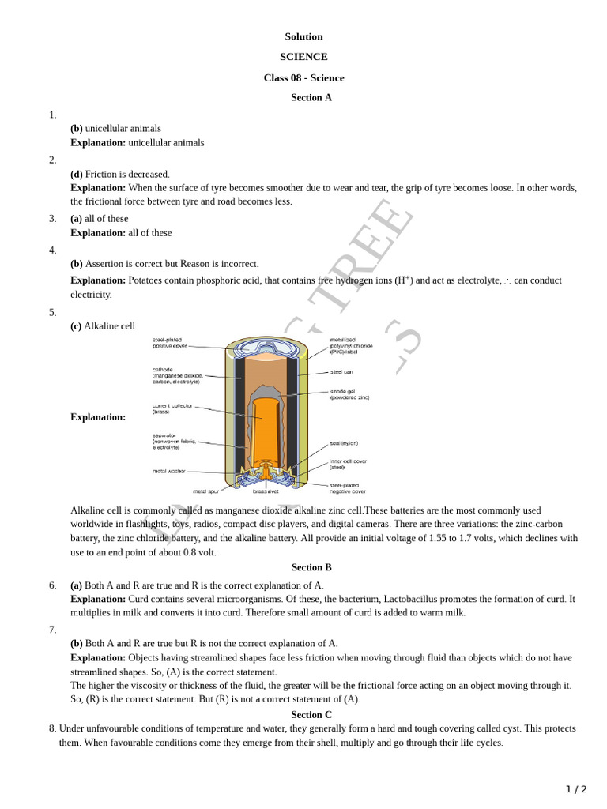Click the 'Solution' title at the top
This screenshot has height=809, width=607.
(303, 36)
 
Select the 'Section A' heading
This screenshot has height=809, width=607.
(311, 98)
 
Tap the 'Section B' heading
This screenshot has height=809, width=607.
(311, 567)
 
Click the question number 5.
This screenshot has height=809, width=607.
(53, 312)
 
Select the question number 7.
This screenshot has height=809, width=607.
(53, 630)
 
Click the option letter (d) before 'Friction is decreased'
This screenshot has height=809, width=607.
(77, 174)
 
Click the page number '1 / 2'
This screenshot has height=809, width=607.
(576, 789)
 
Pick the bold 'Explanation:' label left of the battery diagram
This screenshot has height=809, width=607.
(98, 417)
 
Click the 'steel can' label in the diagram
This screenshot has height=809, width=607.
(341, 371)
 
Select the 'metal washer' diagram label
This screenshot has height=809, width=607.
(169, 471)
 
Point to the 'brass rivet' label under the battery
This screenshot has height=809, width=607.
(266, 491)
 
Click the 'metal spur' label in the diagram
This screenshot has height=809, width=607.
(205, 491)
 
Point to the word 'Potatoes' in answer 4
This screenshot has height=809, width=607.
(146, 280)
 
